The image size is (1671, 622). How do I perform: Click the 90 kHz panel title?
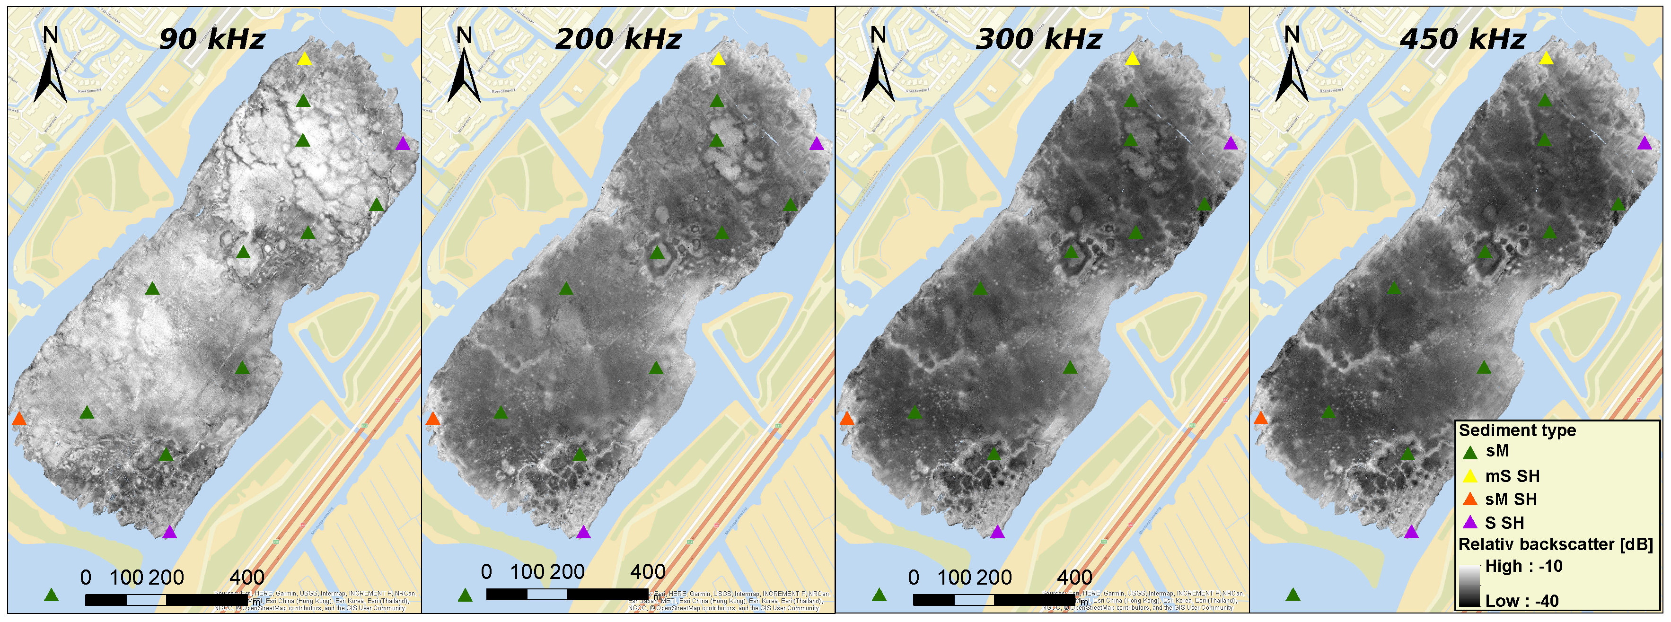212,39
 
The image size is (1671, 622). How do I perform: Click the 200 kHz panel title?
618,39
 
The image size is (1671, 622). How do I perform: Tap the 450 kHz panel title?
1463,39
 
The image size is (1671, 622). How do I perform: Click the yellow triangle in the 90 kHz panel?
304,59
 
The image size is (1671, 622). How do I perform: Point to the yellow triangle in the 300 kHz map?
1132,59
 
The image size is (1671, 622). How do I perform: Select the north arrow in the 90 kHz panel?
50,65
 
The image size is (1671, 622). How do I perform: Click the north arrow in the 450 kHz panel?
1292,65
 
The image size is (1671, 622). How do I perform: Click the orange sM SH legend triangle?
1470,500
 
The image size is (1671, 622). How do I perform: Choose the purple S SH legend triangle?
1470,523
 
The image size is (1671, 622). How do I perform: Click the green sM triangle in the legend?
1470,453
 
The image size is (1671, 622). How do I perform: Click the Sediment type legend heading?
1517,430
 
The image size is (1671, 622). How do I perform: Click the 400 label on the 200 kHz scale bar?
647,572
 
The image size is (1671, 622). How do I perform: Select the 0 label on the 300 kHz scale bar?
914,577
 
